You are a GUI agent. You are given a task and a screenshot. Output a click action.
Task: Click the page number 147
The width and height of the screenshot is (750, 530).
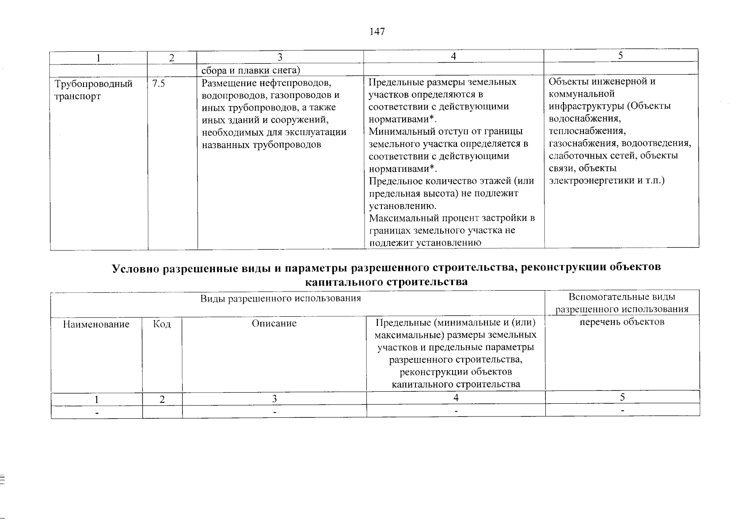[x=377, y=32]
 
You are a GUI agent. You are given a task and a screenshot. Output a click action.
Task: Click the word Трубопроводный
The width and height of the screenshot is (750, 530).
[x=93, y=84]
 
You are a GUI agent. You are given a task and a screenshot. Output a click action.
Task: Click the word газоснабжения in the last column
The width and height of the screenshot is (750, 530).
[x=577, y=144]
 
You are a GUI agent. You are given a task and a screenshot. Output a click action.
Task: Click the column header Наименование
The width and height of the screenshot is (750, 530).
[x=96, y=324]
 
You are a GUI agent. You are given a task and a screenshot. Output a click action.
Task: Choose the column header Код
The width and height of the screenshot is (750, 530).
[x=162, y=324]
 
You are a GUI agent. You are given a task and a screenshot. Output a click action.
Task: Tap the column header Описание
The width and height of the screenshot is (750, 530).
[x=274, y=323]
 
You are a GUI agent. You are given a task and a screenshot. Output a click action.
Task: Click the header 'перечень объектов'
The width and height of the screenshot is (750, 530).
[x=622, y=322]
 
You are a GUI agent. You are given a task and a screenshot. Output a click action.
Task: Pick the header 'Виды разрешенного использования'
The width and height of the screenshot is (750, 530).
[x=281, y=298]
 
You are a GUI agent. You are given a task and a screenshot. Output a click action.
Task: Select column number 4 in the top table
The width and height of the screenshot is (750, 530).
[x=453, y=56]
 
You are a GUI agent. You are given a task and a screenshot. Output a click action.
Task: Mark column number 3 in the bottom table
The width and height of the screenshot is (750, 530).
[x=274, y=398]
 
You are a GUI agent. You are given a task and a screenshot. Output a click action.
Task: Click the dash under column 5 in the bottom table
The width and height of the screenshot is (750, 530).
[x=622, y=411]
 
